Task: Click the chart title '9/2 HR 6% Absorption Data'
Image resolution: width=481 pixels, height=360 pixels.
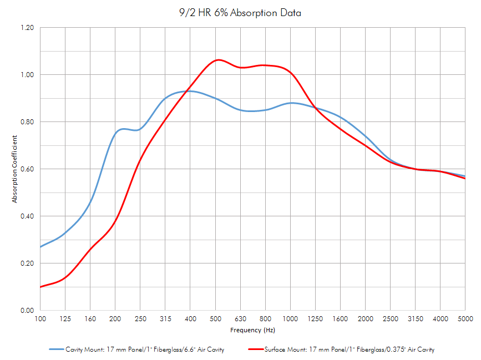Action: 240,12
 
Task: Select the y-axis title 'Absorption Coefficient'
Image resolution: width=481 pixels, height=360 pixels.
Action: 16,169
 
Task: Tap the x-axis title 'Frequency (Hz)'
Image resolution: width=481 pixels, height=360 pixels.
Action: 252,330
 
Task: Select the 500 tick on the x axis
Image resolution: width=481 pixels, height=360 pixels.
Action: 215,319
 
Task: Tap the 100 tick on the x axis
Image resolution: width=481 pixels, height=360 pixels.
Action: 40,319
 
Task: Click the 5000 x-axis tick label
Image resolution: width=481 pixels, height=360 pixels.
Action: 465,319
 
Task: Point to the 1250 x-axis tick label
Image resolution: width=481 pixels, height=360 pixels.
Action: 315,319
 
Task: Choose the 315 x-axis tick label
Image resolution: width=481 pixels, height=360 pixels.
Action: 165,319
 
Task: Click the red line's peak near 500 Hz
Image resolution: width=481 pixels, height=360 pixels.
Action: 218,60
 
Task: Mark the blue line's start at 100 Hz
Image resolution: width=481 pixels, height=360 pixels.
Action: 40,247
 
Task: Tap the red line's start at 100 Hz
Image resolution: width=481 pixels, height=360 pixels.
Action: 40,287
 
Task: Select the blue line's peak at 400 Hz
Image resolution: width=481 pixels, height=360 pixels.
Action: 190,91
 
